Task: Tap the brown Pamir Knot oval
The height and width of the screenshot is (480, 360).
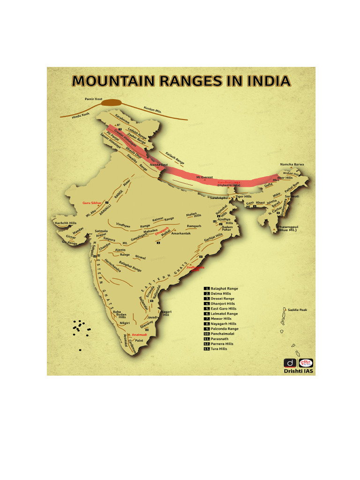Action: [111, 103]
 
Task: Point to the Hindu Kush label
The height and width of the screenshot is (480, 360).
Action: [80, 116]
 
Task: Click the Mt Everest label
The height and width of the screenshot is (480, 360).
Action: [204, 177]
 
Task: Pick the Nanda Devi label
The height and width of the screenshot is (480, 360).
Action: [158, 165]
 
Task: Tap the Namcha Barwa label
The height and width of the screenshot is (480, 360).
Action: [292, 164]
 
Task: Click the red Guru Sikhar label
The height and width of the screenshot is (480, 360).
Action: [92, 203]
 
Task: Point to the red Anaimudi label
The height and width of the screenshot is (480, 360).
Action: [139, 335]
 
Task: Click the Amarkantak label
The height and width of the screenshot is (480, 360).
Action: [181, 233]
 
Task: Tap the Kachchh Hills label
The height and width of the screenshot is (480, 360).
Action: [66, 223]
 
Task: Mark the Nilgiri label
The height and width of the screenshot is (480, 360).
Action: [124, 323]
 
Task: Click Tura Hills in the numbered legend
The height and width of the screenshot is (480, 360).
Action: [219, 349]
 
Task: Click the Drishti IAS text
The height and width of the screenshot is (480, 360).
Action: [298, 371]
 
